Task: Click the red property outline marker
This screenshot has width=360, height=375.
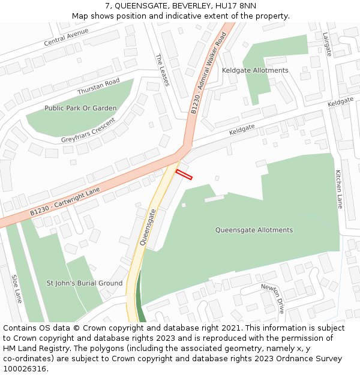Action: click(x=184, y=175)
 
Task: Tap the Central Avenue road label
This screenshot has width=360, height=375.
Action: click(x=70, y=37)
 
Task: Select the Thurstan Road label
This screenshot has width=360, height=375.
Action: click(x=98, y=86)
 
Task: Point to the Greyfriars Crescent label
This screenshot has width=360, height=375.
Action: click(x=88, y=130)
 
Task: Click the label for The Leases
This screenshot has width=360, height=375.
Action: click(x=163, y=70)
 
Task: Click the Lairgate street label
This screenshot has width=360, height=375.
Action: click(x=327, y=44)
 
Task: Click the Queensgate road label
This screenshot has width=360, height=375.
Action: click(x=148, y=226)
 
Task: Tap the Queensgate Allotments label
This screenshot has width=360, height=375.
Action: click(x=254, y=230)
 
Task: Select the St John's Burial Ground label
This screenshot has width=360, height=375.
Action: click(x=85, y=283)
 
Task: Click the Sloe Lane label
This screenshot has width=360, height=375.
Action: click(x=16, y=289)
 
